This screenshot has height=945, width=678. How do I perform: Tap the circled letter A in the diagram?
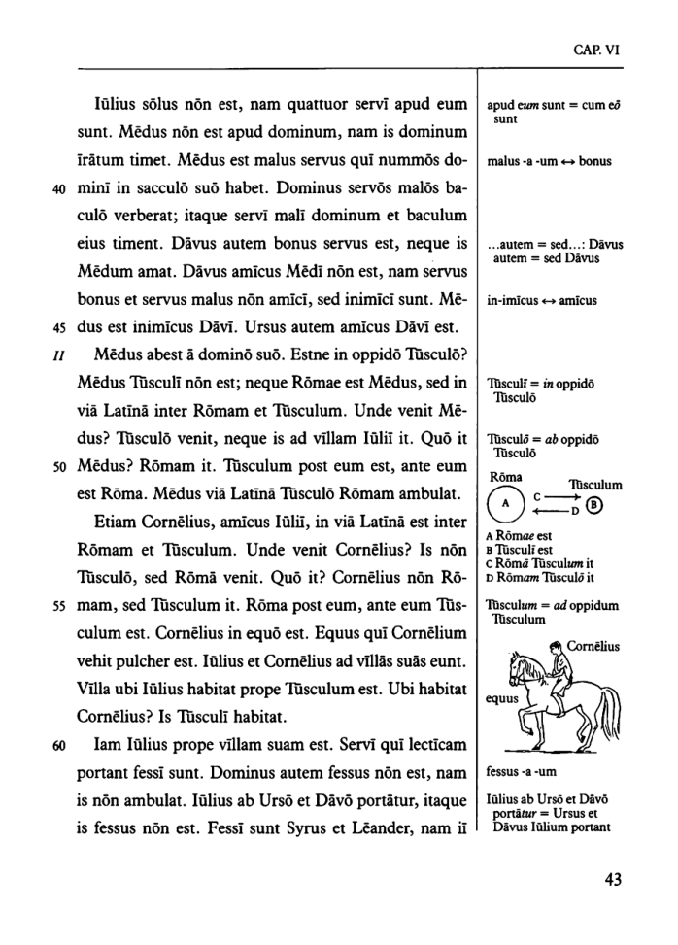coord(504,505)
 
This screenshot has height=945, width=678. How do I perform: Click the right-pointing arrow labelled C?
coord(555,497)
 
